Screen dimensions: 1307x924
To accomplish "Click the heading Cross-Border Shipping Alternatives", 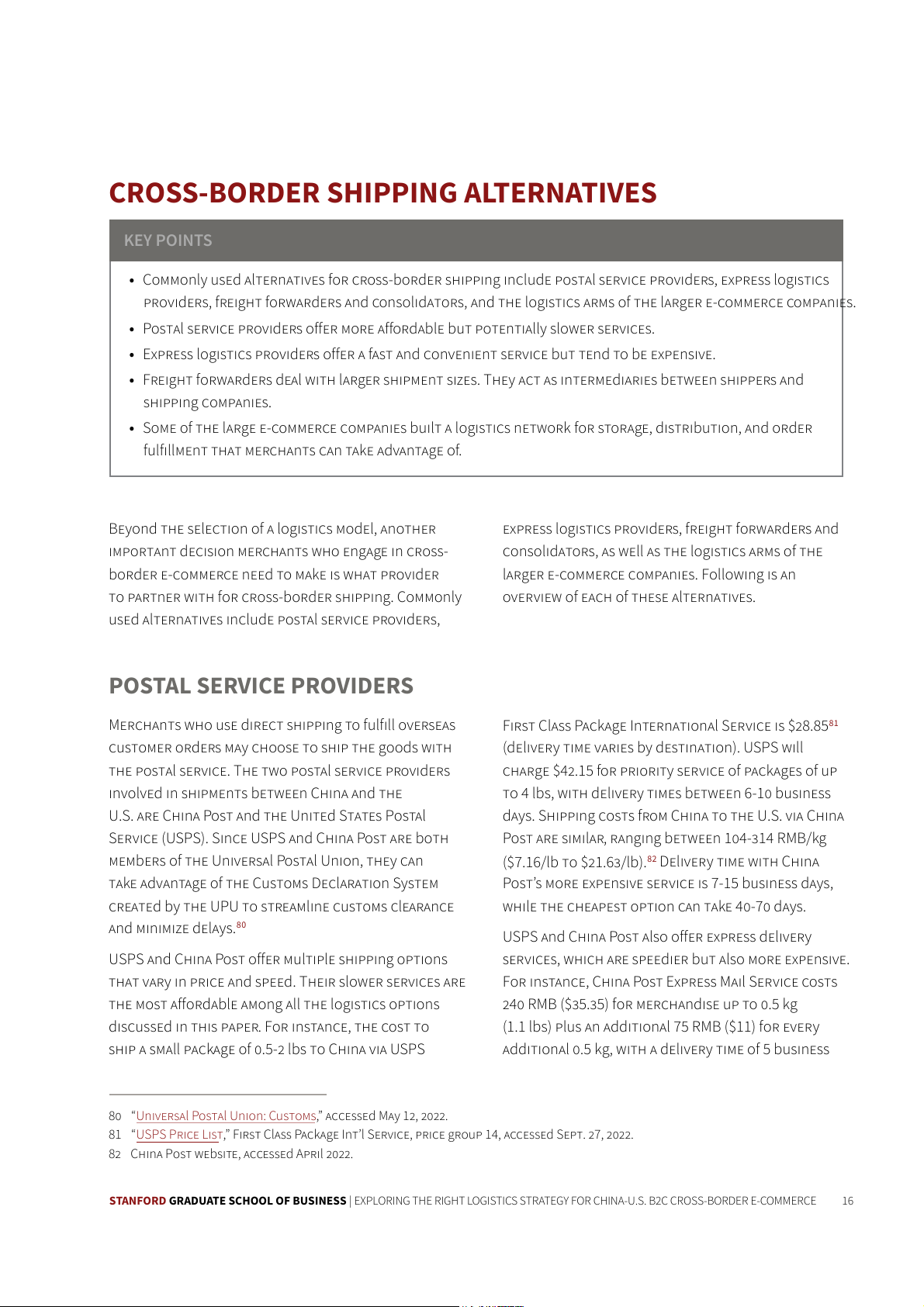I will [x=382, y=192].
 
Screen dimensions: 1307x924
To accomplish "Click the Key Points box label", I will [x=168, y=240].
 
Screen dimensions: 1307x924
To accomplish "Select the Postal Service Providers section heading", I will [x=261, y=686].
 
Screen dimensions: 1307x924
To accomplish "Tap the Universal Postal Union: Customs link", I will [x=226, y=1116].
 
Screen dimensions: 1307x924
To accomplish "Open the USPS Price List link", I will [x=179, y=1135].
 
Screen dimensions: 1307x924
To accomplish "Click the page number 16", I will [x=847, y=1201].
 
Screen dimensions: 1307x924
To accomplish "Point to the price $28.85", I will [x=808, y=726].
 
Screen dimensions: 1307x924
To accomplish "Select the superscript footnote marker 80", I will [x=241, y=925].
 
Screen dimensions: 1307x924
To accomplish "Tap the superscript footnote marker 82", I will [x=652, y=859].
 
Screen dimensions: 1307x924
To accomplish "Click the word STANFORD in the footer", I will [x=137, y=1201].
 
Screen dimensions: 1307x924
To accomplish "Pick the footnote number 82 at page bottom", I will [x=115, y=1154].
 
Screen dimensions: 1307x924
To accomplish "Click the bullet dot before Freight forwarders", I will [x=132, y=381].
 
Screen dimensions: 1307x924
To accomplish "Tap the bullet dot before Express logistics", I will [x=132, y=355].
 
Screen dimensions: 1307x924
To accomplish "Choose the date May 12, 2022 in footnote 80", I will [x=413, y=1116].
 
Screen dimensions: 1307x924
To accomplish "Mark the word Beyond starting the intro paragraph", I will [x=133, y=529].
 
